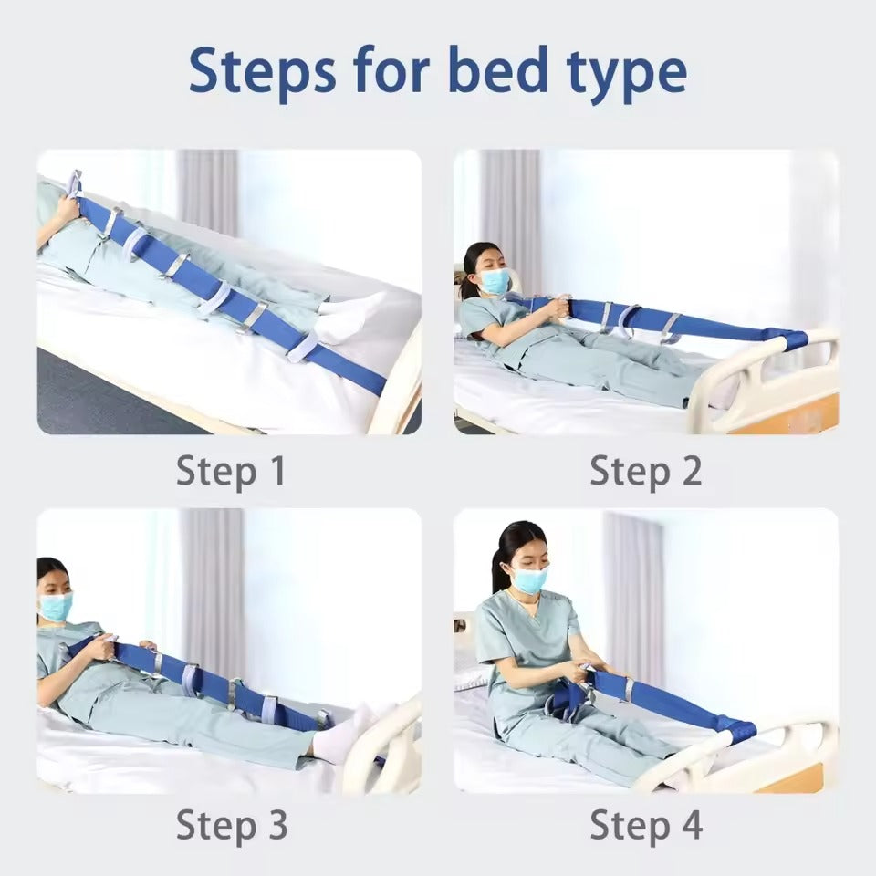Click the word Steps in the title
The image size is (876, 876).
[x=263, y=71]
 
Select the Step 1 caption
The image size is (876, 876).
[x=231, y=472]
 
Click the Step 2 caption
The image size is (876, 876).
[x=646, y=472]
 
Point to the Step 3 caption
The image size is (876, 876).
[x=232, y=825]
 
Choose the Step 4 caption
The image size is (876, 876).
[x=646, y=825]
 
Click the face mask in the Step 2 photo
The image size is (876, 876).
[x=495, y=280]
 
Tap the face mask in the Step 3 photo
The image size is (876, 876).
[x=56, y=606]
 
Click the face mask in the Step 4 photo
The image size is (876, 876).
[x=530, y=579]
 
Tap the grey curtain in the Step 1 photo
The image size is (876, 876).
[x=207, y=192]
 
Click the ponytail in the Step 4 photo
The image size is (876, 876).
[x=499, y=569]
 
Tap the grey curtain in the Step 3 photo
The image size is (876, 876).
[x=213, y=592]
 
